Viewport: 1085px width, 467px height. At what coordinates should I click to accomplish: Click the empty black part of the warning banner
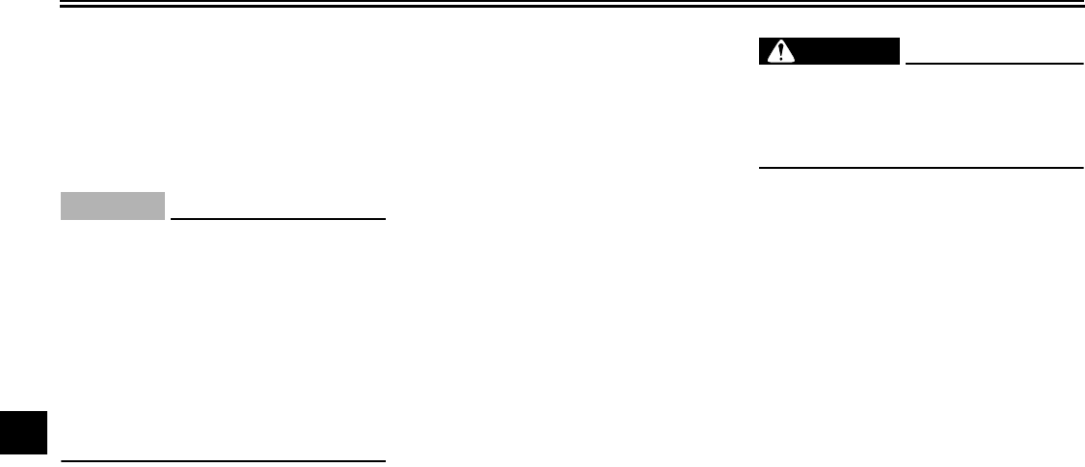click(849, 52)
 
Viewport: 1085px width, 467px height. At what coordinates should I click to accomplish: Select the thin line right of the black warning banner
click(993, 64)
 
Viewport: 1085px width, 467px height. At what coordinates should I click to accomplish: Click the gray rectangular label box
click(113, 206)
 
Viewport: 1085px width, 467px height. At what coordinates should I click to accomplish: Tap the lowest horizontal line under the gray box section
click(223, 460)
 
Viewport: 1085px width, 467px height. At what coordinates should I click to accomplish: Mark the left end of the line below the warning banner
click(760, 168)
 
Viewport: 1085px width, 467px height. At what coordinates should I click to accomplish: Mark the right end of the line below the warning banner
click(1082, 168)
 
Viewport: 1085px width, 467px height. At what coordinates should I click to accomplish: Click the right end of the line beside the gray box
click(385, 218)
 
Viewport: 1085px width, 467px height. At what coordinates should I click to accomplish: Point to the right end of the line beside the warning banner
click(1082, 64)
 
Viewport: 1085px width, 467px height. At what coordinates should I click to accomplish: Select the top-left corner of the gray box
click(61, 193)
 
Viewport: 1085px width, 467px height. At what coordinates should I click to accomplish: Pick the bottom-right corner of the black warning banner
click(899, 65)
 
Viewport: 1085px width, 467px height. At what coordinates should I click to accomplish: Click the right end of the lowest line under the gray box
click(385, 460)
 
